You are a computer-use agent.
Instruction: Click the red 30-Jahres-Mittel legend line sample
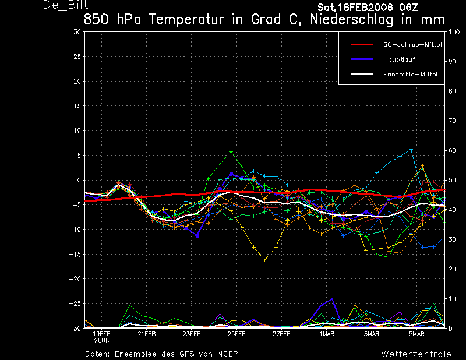362,45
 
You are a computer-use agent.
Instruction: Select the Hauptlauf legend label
399,59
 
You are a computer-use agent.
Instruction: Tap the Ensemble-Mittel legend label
410,74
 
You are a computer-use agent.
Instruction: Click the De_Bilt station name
65,5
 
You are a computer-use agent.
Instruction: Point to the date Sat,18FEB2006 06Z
368,7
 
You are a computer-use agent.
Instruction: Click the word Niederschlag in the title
352,20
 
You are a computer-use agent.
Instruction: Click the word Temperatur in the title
186,20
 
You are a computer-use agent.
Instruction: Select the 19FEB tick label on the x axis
101,334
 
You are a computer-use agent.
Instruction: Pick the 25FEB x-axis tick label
236,334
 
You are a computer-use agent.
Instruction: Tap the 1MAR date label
327,334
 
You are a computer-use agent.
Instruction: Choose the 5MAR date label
416,334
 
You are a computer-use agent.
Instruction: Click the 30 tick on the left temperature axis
77,32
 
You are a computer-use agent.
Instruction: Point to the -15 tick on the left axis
75,254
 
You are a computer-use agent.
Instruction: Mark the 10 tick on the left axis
77,130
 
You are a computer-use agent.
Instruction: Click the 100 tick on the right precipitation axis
454,32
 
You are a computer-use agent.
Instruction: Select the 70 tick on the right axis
452,121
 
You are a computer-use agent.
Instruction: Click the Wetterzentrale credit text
416,354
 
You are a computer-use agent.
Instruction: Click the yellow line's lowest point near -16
265,260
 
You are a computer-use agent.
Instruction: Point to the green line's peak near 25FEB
231,152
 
